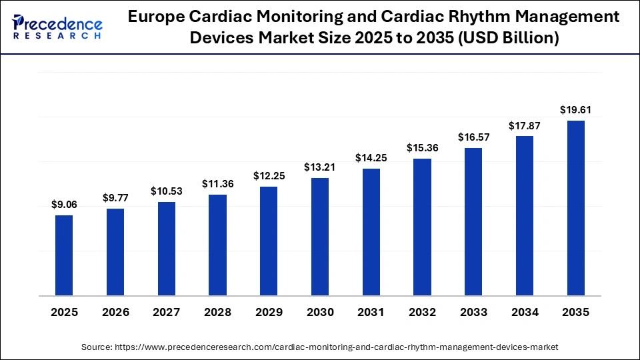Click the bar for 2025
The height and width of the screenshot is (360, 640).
tap(64, 255)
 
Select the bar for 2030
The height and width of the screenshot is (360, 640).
tap(320, 237)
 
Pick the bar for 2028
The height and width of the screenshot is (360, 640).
tap(217, 245)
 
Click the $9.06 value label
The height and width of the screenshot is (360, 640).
tap(64, 205)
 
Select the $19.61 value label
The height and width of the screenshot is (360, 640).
tap(575, 110)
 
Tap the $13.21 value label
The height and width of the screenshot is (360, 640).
tap(320, 167)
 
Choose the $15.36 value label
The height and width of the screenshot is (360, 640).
tap(422, 148)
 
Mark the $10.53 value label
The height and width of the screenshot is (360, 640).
tap(166, 191)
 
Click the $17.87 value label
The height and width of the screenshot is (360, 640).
tap(525, 125)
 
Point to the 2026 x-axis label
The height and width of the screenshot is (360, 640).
tap(115, 313)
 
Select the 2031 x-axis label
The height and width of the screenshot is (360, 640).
tap(371, 313)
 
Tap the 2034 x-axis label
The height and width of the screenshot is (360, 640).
tap(525, 313)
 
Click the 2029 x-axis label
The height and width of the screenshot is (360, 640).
tap(269, 313)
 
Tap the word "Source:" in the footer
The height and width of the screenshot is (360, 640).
tap(97, 347)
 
